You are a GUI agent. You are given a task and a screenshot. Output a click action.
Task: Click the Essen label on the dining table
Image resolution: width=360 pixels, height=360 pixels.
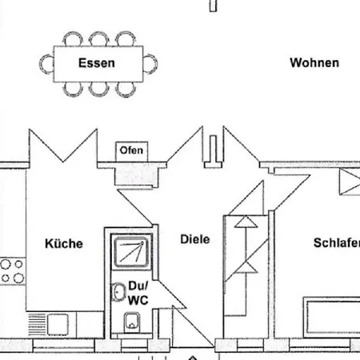pyautogui.click(x=97, y=63)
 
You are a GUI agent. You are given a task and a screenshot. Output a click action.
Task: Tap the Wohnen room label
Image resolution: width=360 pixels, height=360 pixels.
pyautogui.click(x=314, y=63)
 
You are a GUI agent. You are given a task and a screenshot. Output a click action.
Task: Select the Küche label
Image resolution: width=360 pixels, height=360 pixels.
pyautogui.click(x=64, y=243)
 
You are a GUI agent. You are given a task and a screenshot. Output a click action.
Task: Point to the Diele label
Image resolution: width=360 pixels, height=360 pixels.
pyautogui.click(x=195, y=239)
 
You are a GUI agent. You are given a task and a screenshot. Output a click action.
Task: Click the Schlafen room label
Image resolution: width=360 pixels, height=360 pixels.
pyautogui.click(x=337, y=242)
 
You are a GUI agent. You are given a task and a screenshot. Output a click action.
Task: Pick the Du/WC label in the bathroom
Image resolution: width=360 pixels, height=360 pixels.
pyautogui.click(x=138, y=293)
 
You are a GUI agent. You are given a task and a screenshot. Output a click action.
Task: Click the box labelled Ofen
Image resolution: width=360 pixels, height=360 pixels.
pyautogui.click(x=132, y=151)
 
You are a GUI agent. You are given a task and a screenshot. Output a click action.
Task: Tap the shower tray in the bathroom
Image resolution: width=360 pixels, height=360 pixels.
pyautogui.click(x=131, y=252)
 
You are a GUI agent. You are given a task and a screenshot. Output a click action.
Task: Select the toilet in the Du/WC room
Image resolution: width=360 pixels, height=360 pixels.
pyautogui.click(x=132, y=322)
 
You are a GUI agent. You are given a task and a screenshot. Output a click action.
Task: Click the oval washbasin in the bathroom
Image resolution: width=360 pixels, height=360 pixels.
pyautogui.click(x=118, y=292)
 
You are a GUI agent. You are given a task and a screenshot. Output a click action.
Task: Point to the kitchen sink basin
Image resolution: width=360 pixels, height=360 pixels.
pyautogui.click(x=58, y=324)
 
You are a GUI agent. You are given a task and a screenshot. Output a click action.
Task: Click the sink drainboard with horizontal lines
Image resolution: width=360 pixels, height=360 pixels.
pyautogui.click(x=37, y=324)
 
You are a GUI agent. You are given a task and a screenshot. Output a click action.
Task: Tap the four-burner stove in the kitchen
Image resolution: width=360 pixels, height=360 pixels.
pyautogui.click(x=13, y=271)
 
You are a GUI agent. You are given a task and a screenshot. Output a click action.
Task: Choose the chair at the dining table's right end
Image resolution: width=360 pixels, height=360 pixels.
pyautogui.click(x=150, y=64)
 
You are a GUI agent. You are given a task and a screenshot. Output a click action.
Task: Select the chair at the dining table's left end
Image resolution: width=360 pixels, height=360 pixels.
pyautogui.click(x=46, y=64)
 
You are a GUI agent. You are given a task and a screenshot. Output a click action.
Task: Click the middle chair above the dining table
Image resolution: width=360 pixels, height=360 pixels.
pyautogui.click(x=99, y=39)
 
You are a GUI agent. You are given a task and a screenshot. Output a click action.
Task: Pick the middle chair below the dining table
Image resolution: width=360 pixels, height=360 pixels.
pyautogui.click(x=99, y=89)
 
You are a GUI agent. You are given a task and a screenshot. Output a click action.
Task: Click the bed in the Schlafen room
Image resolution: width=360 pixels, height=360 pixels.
pyautogui.click(x=332, y=318)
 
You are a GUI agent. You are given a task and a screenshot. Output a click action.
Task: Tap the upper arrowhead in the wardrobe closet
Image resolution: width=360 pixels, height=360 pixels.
pyautogui.click(x=246, y=222)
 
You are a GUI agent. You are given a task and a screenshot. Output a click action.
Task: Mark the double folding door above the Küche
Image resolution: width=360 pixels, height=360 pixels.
pyautogui.click(x=63, y=146)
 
